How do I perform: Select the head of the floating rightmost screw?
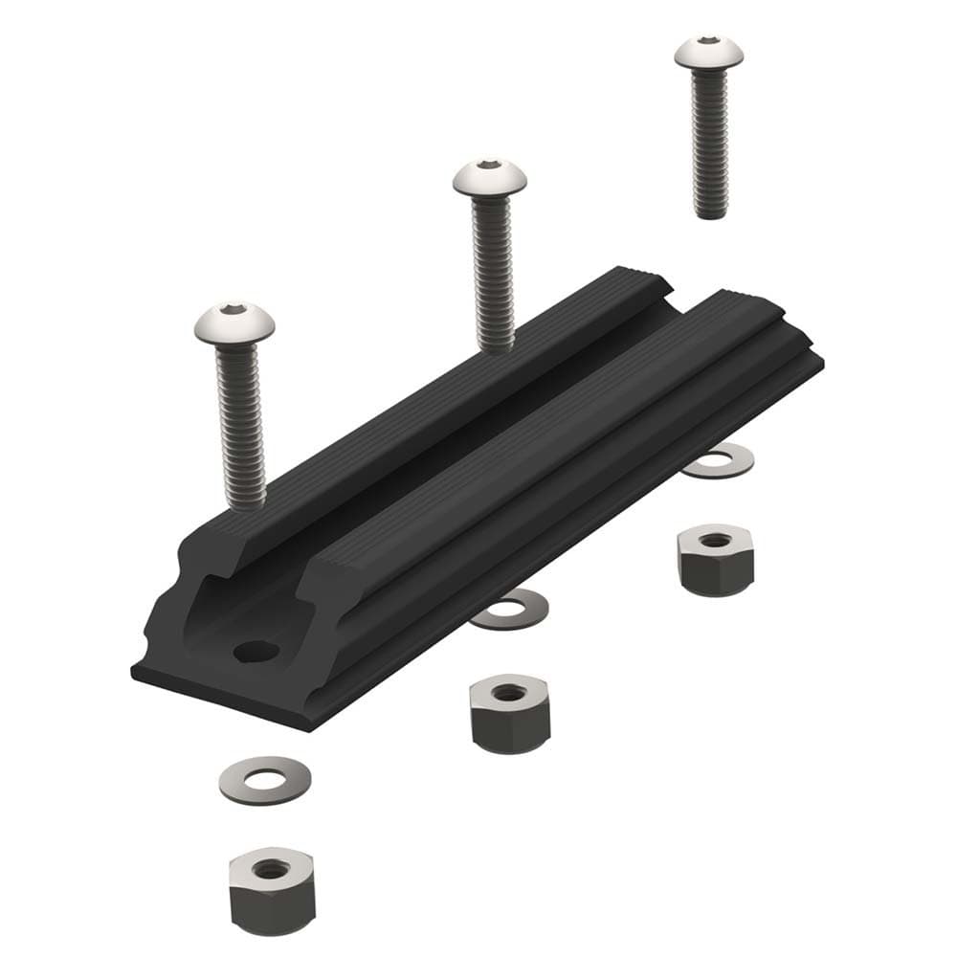[x=708, y=54]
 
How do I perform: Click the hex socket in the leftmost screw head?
[x=233, y=310]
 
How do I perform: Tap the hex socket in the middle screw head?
[x=489, y=165]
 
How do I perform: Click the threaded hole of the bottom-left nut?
[x=273, y=869]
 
